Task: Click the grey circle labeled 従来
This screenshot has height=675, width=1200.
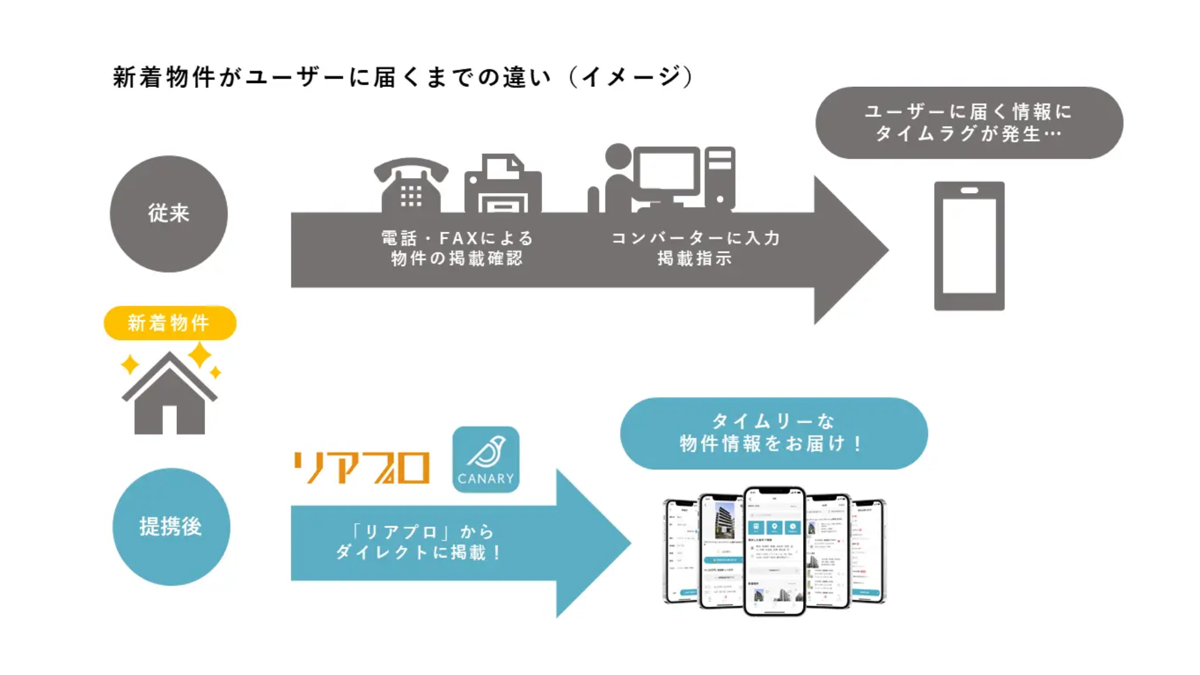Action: click(169, 214)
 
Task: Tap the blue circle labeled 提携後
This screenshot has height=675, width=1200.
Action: click(171, 527)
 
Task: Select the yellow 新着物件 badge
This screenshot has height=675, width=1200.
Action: click(169, 323)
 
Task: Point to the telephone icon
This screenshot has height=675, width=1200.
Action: click(411, 186)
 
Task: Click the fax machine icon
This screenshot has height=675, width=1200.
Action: click(502, 184)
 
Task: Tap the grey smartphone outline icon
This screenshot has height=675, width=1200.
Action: click(969, 246)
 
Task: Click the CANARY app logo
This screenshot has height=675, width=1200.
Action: click(486, 459)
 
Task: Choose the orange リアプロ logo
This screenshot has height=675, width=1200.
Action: click(362, 467)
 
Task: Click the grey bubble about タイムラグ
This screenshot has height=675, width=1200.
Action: click(969, 122)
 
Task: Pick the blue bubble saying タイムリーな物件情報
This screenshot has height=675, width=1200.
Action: click(774, 433)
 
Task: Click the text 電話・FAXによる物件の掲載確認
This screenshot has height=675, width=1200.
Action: click(457, 248)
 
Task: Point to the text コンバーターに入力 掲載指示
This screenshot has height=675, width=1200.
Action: click(695, 248)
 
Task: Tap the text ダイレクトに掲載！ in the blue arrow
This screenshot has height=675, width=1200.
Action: click(419, 552)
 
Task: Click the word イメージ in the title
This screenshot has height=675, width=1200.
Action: click(631, 77)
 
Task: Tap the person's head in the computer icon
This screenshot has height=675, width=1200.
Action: click(618, 156)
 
